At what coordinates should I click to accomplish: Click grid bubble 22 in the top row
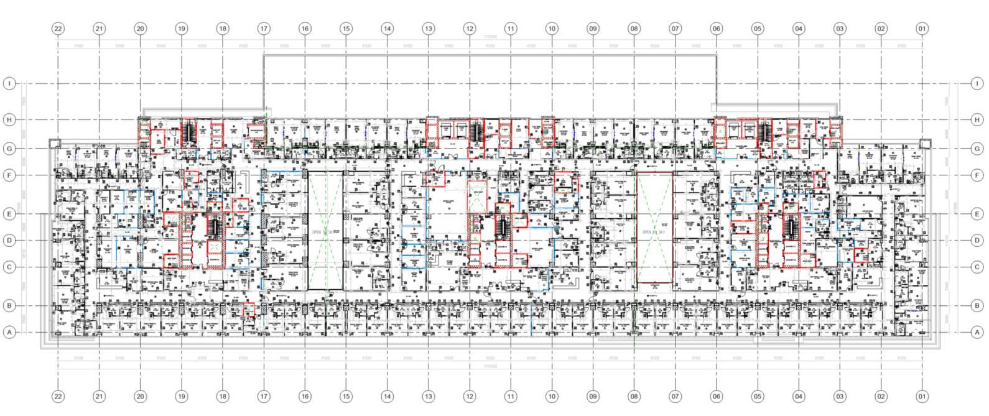tap(58, 29)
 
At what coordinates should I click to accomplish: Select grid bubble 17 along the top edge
tap(264, 29)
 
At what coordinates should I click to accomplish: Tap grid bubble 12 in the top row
tap(470, 29)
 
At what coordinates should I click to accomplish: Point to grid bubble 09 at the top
tap(593, 29)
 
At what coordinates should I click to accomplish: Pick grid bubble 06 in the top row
tap(717, 29)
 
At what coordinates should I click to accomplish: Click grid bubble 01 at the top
tap(922, 29)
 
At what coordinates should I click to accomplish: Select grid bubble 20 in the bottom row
tap(140, 397)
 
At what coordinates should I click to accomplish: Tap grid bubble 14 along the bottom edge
tap(387, 397)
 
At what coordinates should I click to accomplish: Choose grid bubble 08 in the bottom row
tap(634, 397)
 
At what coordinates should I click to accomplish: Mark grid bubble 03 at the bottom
tap(840, 397)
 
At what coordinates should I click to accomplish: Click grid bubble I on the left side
tap(9, 83)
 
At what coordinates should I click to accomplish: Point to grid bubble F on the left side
tap(9, 175)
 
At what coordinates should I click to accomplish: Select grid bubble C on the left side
tap(9, 267)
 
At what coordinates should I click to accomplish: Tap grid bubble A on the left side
tap(9, 333)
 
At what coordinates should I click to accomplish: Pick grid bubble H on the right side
tap(977, 119)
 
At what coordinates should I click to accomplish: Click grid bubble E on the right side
tap(977, 214)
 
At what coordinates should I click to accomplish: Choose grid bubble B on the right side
tap(977, 306)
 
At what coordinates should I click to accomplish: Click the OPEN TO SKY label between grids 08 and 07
tap(654, 231)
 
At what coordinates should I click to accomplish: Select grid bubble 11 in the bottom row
tap(511, 397)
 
